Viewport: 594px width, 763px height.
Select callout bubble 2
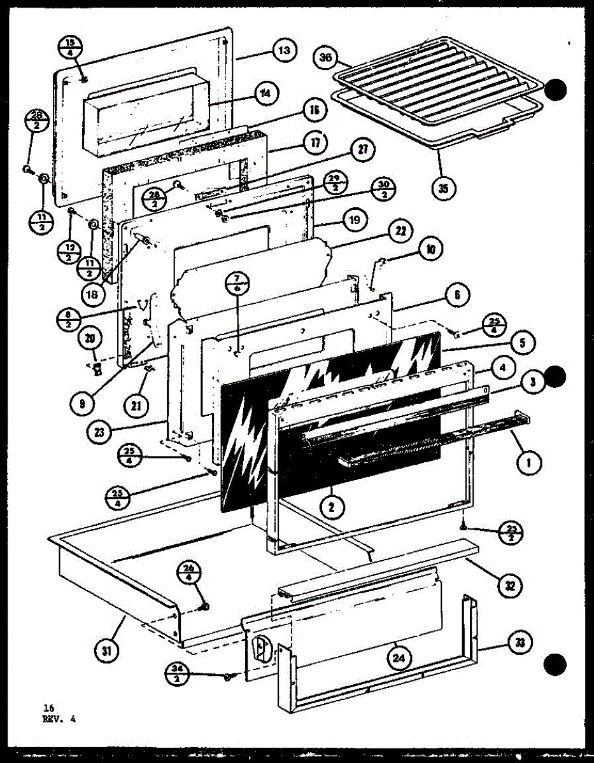332,506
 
